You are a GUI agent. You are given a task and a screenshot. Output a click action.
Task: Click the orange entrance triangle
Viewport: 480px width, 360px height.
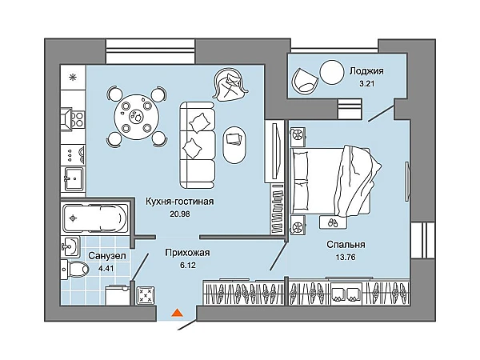177,313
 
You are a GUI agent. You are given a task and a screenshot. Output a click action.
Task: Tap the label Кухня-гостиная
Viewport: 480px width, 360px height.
179,202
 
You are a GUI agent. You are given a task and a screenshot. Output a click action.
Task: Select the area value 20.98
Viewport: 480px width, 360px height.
180,214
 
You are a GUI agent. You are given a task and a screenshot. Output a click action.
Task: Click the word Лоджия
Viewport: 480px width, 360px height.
366,71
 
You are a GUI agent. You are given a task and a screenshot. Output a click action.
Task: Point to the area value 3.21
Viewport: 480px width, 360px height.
366,83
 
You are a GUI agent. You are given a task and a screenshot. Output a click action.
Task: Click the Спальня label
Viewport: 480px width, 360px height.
346,245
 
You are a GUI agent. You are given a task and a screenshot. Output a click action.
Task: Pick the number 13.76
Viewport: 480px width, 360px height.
346,257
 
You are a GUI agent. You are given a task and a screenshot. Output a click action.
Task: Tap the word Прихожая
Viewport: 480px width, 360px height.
187,253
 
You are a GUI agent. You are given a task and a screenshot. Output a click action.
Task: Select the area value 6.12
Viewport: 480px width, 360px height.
188,265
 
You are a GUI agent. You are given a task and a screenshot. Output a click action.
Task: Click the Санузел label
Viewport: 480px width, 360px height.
107,256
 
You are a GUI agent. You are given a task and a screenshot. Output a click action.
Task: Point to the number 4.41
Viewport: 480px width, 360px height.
106,269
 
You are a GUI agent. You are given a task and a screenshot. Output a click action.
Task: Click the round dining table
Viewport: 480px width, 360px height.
137,117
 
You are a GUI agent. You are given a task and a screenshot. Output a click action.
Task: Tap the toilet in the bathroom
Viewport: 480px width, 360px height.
74,270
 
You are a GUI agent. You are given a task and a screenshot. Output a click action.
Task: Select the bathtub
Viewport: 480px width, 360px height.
95,218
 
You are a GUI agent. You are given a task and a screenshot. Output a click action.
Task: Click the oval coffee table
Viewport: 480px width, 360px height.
234,145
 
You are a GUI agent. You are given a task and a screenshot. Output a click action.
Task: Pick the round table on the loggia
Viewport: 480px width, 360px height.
332,72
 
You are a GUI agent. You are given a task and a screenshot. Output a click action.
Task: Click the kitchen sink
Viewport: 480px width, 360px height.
73,178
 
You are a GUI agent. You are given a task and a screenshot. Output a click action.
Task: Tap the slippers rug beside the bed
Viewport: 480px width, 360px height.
333,222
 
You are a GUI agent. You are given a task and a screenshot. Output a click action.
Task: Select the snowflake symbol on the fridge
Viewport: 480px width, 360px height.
73,78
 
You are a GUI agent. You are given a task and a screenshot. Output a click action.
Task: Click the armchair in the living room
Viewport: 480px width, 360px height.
230,85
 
